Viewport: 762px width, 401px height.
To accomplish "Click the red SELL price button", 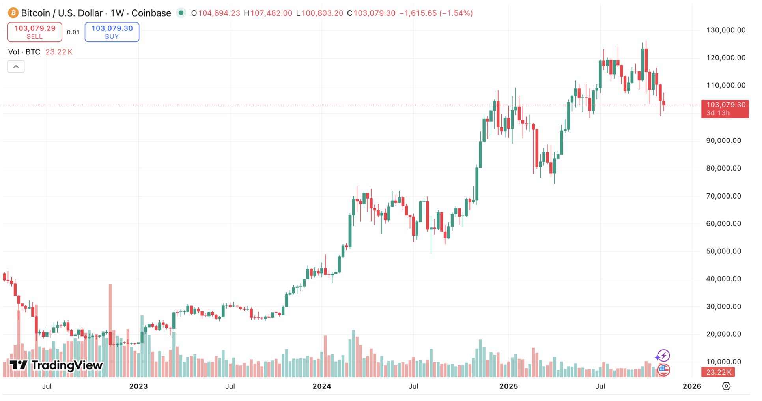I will [x=35, y=32].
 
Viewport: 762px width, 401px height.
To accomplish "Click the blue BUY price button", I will [x=112, y=32].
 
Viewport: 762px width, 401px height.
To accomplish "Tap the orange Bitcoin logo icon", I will [x=13, y=13].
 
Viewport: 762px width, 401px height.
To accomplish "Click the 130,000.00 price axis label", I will [x=726, y=30].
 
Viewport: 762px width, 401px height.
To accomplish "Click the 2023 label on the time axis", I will [x=138, y=386].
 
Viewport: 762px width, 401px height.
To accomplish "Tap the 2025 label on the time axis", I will [x=508, y=386].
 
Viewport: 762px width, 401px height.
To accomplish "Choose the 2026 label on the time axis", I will [x=692, y=386].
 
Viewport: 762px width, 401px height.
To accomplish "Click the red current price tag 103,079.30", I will [x=725, y=109].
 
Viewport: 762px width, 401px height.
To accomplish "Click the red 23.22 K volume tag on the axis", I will [x=719, y=372].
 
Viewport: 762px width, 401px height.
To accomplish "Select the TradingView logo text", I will [x=56, y=365].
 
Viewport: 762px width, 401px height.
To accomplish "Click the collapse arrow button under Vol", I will [x=16, y=67].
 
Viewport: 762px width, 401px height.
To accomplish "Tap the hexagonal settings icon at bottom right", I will [x=726, y=386].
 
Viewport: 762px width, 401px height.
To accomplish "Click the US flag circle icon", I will [x=664, y=370].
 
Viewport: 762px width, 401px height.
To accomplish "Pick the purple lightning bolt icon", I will [x=663, y=356].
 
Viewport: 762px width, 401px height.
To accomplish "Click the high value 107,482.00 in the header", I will [x=271, y=13].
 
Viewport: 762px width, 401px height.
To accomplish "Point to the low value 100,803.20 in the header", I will [x=322, y=13].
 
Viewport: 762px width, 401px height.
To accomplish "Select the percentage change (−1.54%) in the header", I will [x=456, y=13].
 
